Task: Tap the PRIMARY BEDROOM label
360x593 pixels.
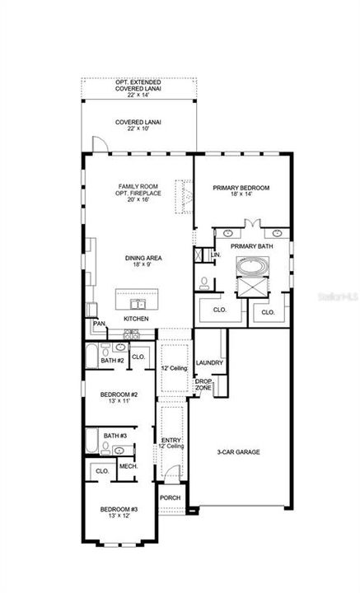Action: click(x=241, y=188)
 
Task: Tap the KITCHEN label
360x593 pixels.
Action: click(x=136, y=318)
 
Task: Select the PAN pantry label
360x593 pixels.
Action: click(x=98, y=324)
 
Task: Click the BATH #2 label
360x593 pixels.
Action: click(x=112, y=361)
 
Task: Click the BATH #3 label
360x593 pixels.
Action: click(x=115, y=436)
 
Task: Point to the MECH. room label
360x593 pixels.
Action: click(x=128, y=466)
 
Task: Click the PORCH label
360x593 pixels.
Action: click(x=170, y=497)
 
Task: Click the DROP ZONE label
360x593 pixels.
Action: click(x=203, y=384)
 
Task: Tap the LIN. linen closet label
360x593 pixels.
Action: click(x=215, y=255)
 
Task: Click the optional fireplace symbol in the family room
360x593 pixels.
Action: click(x=185, y=195)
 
